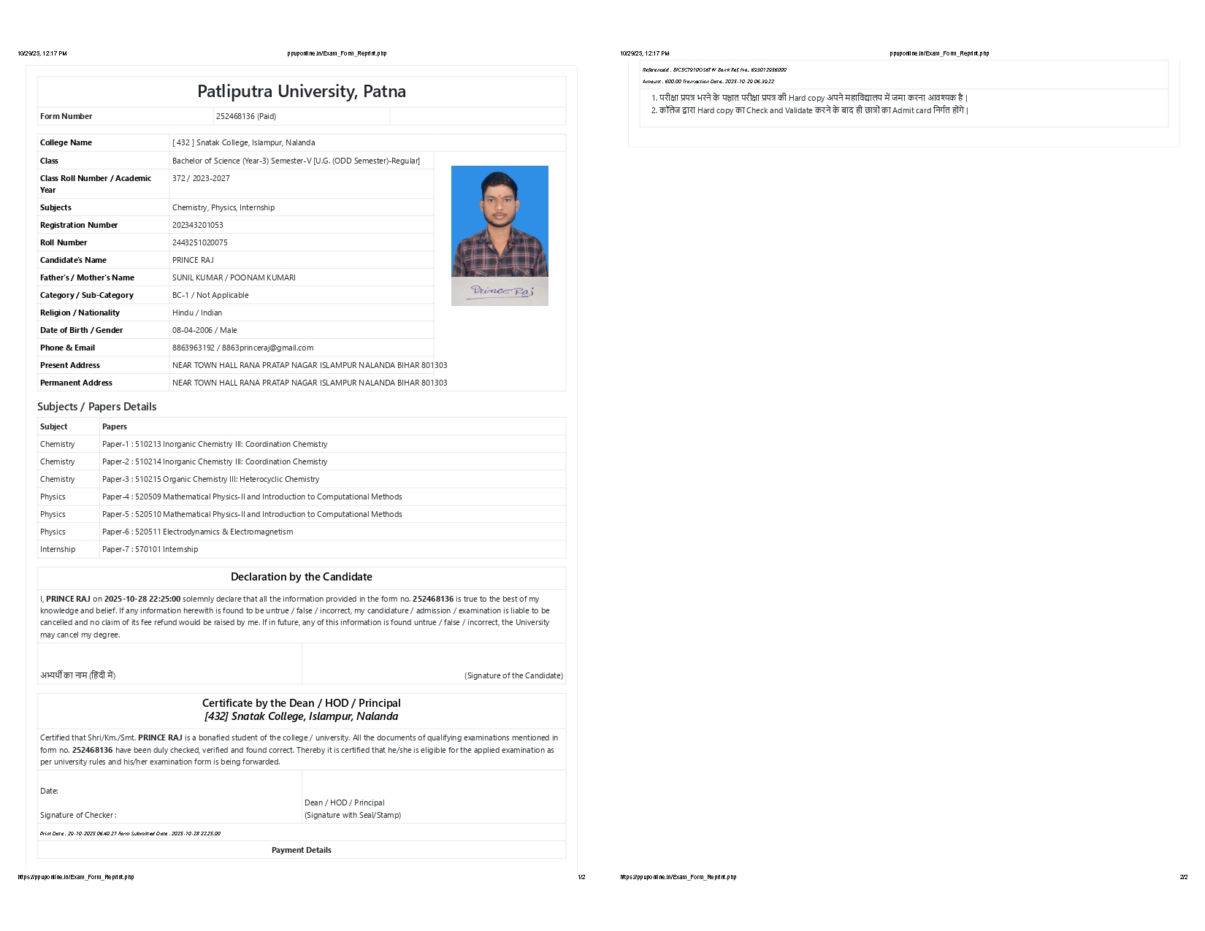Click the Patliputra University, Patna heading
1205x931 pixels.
click(301, 91)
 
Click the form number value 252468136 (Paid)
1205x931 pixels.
click(245, 116)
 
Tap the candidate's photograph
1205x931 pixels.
click(500, 221)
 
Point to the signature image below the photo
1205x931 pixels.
click(500, 291)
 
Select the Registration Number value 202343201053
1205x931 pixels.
click(198, 225)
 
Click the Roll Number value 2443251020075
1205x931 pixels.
click(199, 242)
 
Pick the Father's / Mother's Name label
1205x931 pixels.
click(87, 277)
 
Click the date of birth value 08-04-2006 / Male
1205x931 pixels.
click(204, 330)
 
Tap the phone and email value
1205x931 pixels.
click(242, 348)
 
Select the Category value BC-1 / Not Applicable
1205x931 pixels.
click(210, 295)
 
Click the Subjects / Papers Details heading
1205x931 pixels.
click(96, 407)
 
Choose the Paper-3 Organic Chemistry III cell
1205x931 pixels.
click(210, 479)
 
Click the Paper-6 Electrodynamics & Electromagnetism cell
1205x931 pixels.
click(197, 532)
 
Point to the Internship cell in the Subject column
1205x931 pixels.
click(58, 549)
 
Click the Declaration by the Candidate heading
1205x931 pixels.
click(301, 577)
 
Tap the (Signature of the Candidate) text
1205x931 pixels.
click(513, 675)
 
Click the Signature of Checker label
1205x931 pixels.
click(78, 815)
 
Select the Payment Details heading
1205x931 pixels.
click(301, 850)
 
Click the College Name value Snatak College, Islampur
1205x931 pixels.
click(244, 142)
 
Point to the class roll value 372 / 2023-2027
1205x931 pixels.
click(201, 178)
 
